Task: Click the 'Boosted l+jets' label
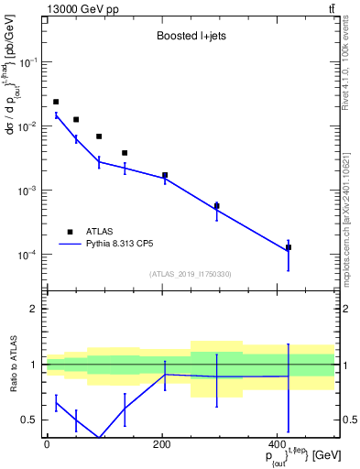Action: click(x=190, y=37)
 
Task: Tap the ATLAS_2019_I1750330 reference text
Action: click(x=189, y=274)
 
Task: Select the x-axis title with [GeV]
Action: click(x=292, y=454)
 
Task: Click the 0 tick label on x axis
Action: click(x=46, y=443)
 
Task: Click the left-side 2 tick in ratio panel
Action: click(x=33, y=310)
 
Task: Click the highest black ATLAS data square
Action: click(x=56, y=102)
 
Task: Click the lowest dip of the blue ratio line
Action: click(x=98, y=438)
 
